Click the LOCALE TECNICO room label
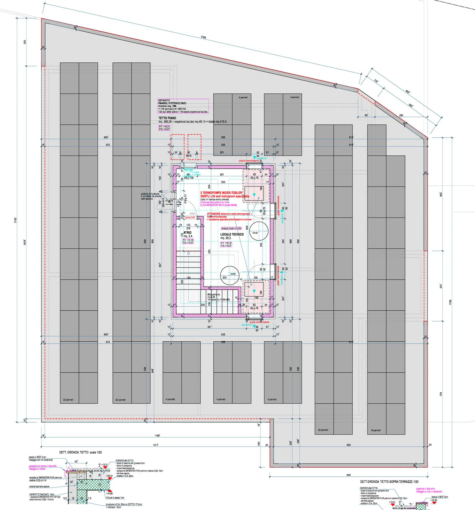(232, 234)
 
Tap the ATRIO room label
(187, 233)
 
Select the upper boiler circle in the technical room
(258, 231)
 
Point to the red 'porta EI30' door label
(190, 218)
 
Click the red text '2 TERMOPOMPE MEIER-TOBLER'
(221, 192)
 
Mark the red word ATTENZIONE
(213, 214)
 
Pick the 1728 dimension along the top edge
(204, 37)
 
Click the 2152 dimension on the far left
(16, 220)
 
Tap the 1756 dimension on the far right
(450, 302)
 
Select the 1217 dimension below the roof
(155, 445)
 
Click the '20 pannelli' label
(323, 430)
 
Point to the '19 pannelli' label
(375, 430)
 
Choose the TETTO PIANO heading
(167, 118)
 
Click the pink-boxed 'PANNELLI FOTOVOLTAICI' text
(172, 103)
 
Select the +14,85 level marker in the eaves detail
(109, 493)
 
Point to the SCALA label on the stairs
(211, 294)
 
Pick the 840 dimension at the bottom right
(349, 475)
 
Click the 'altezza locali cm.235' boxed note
(231, 228)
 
